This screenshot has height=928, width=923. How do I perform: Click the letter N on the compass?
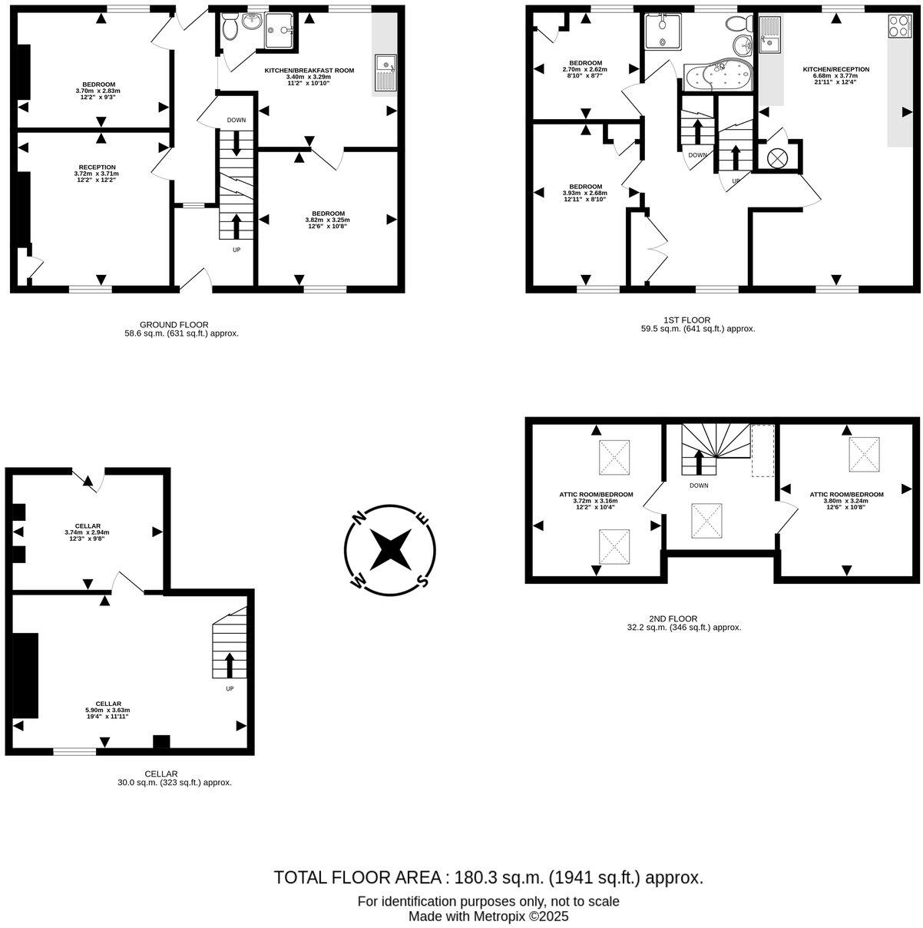(x=359, y=519)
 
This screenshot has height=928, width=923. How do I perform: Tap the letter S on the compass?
(x=421, y=580)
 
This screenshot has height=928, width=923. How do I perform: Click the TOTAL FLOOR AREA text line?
(x=488, y=877)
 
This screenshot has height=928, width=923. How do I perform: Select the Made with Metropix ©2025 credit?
(x=488, y=916)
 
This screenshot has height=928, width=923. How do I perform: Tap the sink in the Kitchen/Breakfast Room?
(x=384, y=73)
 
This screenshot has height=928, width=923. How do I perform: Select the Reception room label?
(x=97, y=174)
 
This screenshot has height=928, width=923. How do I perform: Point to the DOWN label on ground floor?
(x=236, y=121)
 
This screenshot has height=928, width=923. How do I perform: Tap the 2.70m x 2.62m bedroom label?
(x=585, y=69)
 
